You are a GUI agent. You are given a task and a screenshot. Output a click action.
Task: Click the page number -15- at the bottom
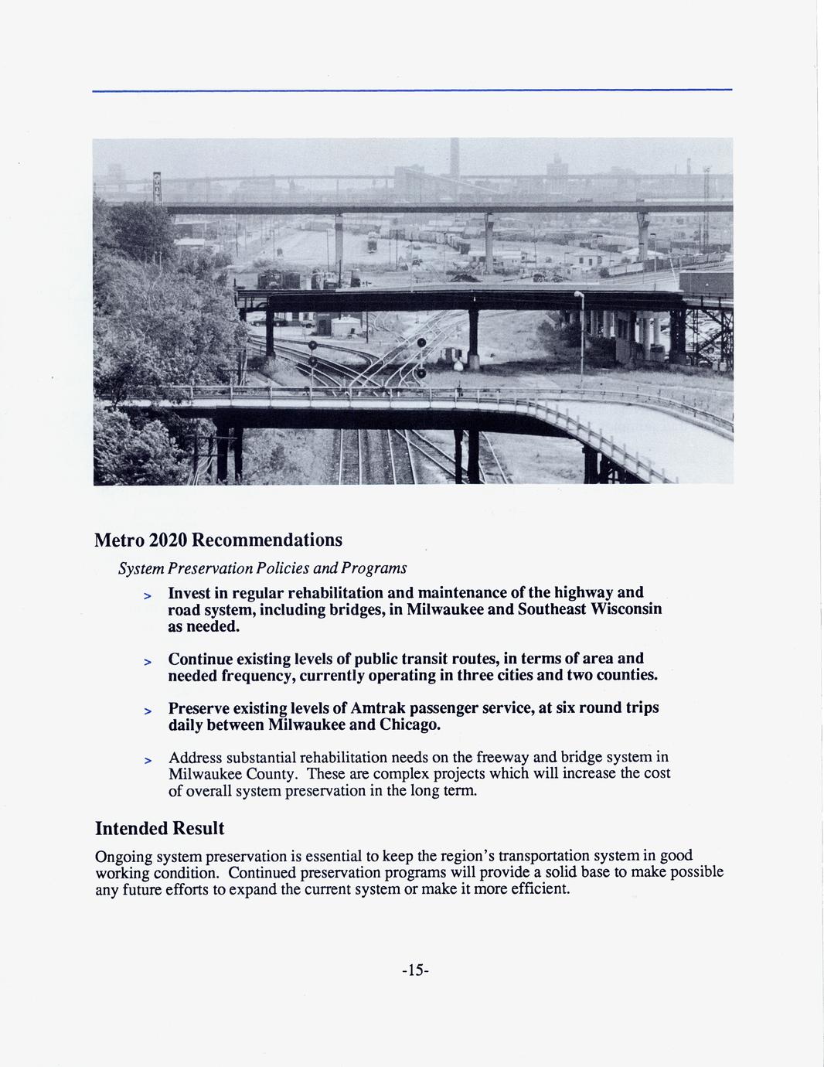(414, 970)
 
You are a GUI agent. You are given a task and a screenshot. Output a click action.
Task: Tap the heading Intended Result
(159, 828)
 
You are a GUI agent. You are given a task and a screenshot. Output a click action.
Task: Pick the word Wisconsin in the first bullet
(623, 609)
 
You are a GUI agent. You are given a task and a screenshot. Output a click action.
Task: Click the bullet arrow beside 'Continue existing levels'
(146, 662)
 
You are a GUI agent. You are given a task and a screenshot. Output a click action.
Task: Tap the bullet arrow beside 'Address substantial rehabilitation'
(146, 760)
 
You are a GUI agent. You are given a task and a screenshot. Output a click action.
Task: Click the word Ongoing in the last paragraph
(123, 856)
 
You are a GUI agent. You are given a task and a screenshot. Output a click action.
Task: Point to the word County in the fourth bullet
(271, 774)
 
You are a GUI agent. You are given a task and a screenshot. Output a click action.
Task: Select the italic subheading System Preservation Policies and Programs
(262, 568)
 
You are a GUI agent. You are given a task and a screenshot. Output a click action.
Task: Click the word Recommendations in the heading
(267, 539)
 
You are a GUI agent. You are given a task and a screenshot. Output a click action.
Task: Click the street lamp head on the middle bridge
(577, 295)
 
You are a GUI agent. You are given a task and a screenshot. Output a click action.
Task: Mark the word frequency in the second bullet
(254, 675)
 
